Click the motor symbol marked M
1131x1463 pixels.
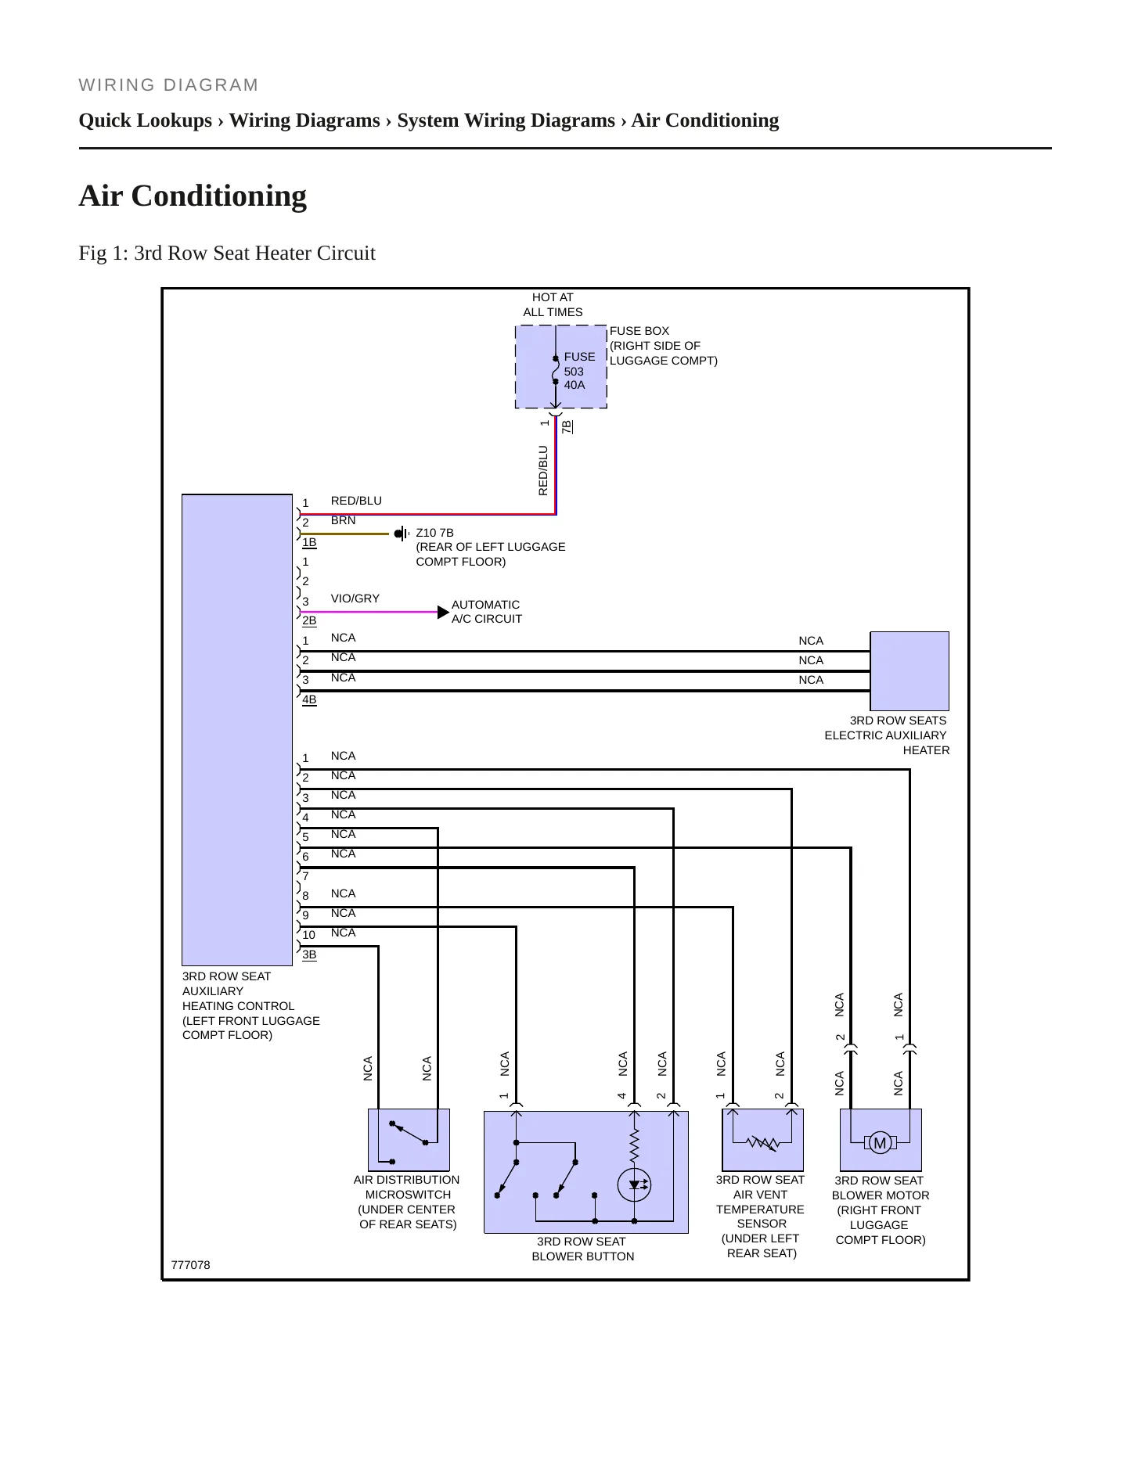coord(880,1143)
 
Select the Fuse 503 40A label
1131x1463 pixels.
coord(579,371)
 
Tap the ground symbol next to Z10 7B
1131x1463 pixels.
coord(402,534)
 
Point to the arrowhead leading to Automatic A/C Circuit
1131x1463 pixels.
coord(444,612)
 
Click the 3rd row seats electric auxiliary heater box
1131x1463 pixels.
coord(909,671)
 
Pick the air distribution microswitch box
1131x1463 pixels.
coord(409,1140)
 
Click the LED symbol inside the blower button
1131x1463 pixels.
coord(634,1184)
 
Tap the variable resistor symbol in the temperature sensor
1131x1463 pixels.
coord(762,1143)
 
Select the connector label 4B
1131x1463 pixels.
coord(309,699)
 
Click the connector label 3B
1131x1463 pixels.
coord(309,954)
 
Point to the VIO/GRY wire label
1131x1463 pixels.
coord(355,598)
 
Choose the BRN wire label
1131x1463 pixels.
coord(343,520)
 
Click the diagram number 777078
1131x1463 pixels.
coord(190,1265)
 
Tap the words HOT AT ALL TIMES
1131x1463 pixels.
coord(553,304)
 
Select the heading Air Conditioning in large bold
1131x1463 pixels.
coord(193,196)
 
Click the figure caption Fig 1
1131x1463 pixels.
coord(227,253)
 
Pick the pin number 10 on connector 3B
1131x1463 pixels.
coord(308,935)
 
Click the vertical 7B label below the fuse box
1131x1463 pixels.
coord(567,426)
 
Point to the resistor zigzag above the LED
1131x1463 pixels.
coord(634,1145)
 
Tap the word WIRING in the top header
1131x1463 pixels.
coord(117,85)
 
